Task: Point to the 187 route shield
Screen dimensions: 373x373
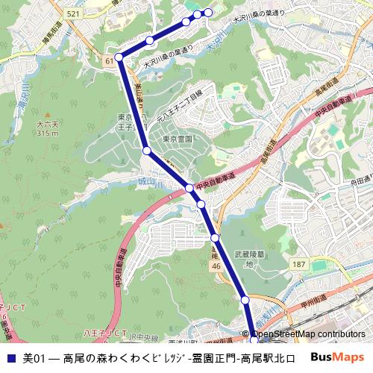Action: click(299, 265)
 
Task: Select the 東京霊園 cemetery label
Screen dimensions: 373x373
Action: click(178, 140)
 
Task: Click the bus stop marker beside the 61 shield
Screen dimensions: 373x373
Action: click(119, 57)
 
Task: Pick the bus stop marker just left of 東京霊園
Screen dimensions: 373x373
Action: click(147, 151)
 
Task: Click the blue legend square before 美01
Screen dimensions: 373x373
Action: click(10, 358)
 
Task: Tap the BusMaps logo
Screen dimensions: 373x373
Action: click(337, 358)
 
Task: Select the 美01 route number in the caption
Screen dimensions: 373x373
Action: click(34, 358)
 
